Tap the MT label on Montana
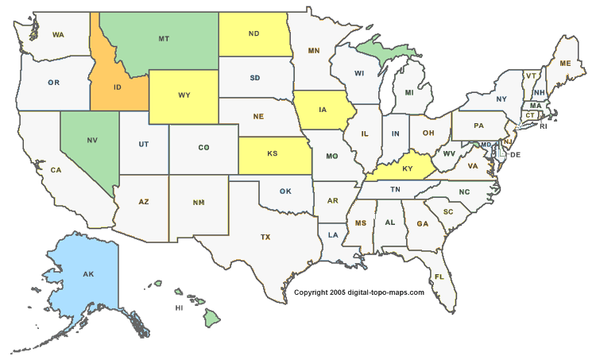164,38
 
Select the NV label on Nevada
92,140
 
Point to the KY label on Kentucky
407,168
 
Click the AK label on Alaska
88,274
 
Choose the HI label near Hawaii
180,308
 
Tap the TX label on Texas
265,237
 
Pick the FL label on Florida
439,277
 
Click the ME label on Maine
566,63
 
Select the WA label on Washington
58,35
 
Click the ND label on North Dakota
254,33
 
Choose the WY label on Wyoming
184,95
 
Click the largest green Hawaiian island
211,318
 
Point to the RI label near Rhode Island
544,126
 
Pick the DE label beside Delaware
515,154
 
